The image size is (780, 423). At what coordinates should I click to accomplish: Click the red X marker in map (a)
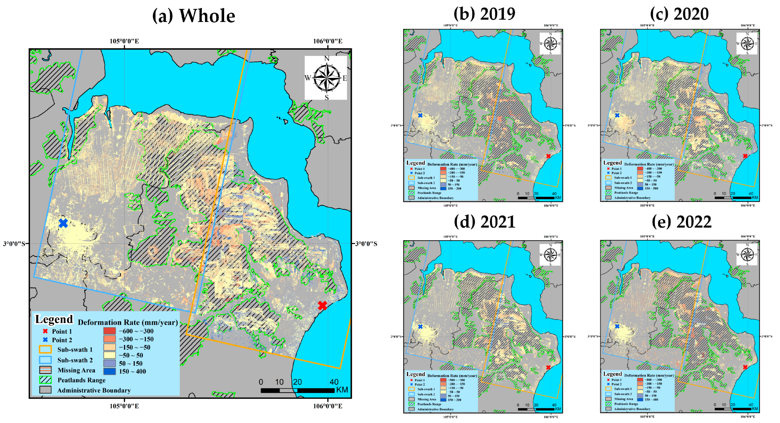point(322,305)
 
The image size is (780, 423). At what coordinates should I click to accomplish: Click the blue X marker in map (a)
point(63,223)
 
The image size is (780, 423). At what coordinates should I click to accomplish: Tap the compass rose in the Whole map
point(326,78)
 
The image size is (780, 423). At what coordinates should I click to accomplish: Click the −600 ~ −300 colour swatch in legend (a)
point(109,331)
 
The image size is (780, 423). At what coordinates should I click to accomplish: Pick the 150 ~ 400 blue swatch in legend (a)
point(109,371)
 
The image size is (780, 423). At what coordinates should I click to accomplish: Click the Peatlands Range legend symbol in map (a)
point(45,380)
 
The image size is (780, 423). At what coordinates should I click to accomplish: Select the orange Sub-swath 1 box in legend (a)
point(45,350)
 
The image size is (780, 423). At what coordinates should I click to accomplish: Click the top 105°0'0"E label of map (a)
point(124,41)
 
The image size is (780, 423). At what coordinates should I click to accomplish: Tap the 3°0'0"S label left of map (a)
point(14,244)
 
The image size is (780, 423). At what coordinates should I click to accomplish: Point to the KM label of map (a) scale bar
point(342,390)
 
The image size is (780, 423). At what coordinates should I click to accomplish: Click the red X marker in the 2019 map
point(548,156)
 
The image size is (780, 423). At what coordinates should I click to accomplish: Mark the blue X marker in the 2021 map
point(420,327)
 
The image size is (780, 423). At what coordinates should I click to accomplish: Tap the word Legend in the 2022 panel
point(612,374)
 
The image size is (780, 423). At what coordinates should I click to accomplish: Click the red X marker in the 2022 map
point(745,367)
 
